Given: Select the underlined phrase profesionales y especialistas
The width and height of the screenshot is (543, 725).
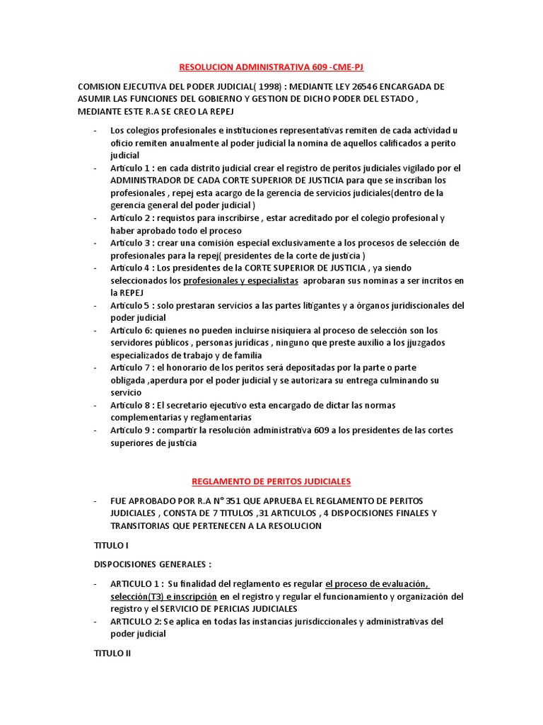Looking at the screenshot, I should click(240, 280).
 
